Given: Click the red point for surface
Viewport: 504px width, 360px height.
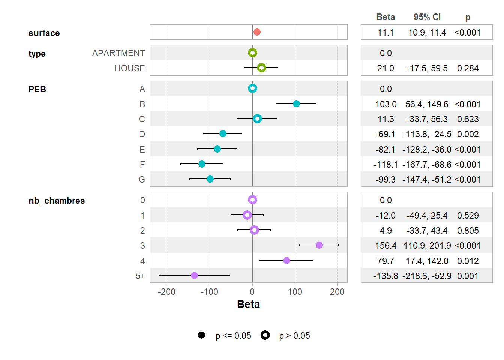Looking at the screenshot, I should coord(257,32).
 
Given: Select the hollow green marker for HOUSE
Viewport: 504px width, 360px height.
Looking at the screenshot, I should coord(261,68).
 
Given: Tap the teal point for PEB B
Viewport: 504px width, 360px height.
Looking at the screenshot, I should coord(296,103).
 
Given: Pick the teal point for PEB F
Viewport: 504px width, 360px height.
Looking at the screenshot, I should coord(202,164).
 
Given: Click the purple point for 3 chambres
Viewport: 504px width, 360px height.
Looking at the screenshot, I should coord(319,245).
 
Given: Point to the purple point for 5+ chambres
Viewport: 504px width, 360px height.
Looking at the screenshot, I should coord(194,275).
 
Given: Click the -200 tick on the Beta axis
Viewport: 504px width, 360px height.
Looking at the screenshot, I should coord(166,292).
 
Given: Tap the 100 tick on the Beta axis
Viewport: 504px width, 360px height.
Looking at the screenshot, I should coord(295,292).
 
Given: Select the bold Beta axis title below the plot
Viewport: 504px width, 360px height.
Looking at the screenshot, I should coord(248,304).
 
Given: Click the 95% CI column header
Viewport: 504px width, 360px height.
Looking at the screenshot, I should coord(427,17).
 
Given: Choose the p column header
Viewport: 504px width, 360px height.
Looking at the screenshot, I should coord(468,17).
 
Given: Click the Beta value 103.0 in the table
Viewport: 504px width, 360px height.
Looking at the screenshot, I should coord(385,104).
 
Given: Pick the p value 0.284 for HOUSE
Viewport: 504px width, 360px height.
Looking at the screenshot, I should coord(468,68).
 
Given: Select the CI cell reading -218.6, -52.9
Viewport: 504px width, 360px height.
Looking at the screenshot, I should coord(427,276).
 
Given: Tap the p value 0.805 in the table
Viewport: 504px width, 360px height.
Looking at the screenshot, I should coord(468,231).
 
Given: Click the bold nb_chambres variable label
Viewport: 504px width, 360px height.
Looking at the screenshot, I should coord(57,201).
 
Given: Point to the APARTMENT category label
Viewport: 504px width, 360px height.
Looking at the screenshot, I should coord(118,53).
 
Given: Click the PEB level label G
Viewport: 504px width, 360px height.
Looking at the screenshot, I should coord(142,180).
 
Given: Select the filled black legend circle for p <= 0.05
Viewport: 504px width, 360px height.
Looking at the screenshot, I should coord(201,335).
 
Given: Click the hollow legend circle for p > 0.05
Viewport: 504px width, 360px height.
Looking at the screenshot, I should coord(265,335).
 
